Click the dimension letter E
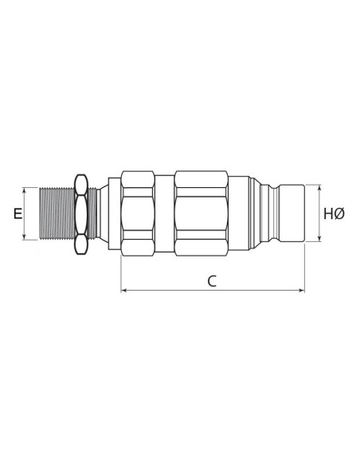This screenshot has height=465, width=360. (17, 213)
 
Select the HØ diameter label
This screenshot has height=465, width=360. (334, 213)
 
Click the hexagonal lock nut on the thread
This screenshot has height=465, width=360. (80, 213)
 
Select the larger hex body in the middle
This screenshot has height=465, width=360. (202, 213)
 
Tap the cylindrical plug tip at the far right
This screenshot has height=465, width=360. (292, 213)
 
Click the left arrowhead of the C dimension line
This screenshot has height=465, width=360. (123, 291)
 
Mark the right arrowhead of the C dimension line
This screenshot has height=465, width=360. (302, 291)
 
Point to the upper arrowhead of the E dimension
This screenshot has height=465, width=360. (27, 190)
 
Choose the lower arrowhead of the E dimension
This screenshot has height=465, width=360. (27, 236)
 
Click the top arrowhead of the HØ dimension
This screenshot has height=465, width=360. (319, 189)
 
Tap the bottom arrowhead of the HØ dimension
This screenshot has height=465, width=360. (319, 238)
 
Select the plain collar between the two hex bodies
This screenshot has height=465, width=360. (162, 213)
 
